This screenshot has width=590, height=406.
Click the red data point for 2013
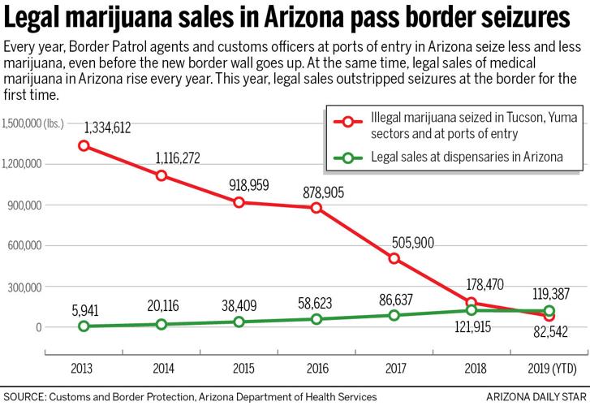pyautogui.click(x=84, y=146)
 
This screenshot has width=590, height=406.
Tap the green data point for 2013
pyautogui.click(x=84, y=326)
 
